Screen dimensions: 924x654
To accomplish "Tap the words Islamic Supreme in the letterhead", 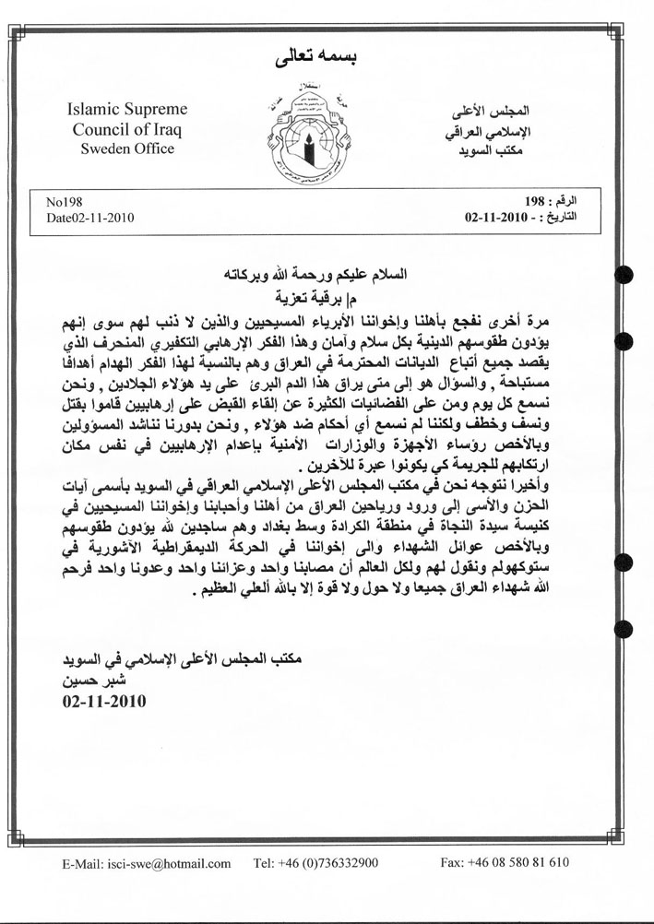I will [x=127, y=110].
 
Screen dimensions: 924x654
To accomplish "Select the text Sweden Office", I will [x=127, y=148].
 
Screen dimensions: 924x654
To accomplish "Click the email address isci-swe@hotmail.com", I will [x=147, y=863].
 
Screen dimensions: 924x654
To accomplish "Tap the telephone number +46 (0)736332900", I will [x=315, y=863].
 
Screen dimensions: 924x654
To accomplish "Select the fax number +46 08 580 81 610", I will [x=505, y=863].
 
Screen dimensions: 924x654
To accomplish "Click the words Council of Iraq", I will [x=127, y=129].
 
